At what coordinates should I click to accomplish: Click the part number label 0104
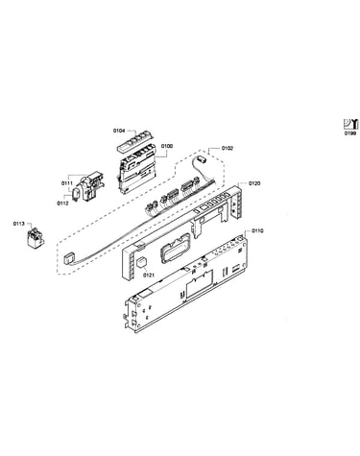(119, 131)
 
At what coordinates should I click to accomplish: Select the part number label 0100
(167, 146)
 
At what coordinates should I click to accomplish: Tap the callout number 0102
(227, 148)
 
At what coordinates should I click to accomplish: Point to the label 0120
(254, 183)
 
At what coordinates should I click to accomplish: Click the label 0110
(257, 230)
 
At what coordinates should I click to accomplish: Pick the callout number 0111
(67, 183)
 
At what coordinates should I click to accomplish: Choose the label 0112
(62, 204)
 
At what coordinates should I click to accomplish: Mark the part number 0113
(19, 224)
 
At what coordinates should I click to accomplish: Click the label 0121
(149, 275)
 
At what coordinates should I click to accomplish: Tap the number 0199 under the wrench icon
(350, 133)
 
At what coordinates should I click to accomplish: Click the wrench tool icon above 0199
(350, 124)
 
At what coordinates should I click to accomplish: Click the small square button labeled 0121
(142, 263)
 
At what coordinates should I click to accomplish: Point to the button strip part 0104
(135, 141)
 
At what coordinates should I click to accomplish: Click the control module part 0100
(137, 170)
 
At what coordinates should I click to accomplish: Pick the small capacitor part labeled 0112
(77, 194)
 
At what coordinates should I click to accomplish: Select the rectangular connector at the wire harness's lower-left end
(69, 257)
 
